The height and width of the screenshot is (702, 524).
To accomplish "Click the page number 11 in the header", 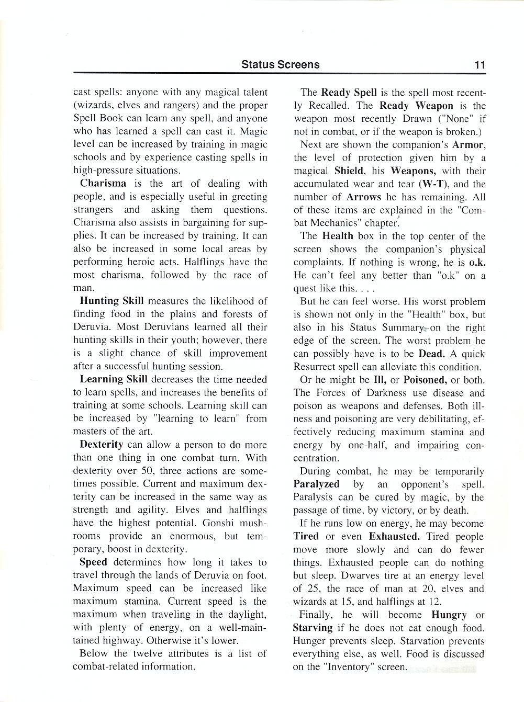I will [x=480, y=65].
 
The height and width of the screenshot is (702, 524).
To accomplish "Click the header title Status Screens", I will [x=280, y=65].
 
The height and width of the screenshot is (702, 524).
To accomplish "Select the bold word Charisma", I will [x=103, y=184].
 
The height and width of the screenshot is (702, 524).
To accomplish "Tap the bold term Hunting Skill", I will [x=112, y=301].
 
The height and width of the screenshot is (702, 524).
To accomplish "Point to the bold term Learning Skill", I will [x=114, y=380].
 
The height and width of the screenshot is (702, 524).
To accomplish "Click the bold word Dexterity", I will [x=102, y=445].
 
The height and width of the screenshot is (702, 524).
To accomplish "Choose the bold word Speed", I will [x=93, y=562].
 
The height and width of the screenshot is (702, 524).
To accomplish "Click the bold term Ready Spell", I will [x=349, y=93].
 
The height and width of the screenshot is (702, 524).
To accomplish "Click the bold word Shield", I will [x=349, y=171].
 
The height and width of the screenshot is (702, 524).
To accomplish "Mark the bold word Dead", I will [x=431, y=354].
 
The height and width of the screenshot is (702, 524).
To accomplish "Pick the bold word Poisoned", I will [x=425, y=380].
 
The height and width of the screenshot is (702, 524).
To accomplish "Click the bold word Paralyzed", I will [x=316, y=484].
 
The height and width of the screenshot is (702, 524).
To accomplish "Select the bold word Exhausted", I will [x=394, y=537].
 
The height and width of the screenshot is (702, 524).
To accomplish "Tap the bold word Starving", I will [x=313, y=628].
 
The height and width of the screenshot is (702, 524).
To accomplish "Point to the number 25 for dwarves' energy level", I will [x=313, y=588].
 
